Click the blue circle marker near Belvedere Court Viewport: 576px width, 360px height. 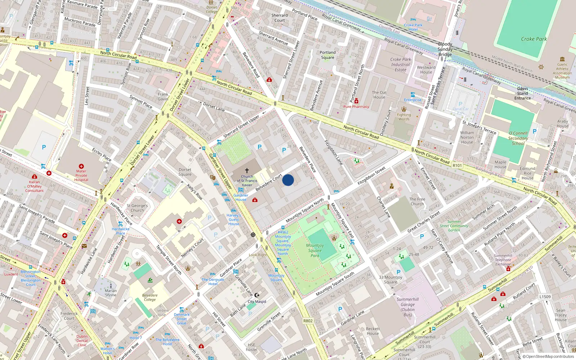pyautogui.click(x=288, y=180)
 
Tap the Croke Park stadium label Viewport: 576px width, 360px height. pyautogui.click(x=534, y=39)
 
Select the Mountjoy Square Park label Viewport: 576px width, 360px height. pyautogui.click(x=315, y=250)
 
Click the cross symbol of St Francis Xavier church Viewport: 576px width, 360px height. pyautogui.click(x=247, y=170)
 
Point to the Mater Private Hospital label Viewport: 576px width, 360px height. pyautogui.click(x=81, y=175)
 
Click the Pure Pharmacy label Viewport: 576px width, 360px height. pyautogui.click(x=356, y=107)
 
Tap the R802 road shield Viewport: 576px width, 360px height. pyautogui.click(x=308, y=321)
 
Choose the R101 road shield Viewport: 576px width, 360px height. pyautogui.click(x=457, y=166)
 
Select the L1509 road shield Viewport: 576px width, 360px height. pyautogui.click(x=545, y=297)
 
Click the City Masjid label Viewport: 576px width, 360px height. pyautogui.click(x=257, y=302)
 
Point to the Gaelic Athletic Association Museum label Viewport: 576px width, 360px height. pyautogui.click(x=562, y=71)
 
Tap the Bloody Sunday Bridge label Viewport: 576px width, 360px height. pyautogui.click(x=445, y=49)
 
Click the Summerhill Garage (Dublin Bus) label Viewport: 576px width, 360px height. pyautogui.click(x=408, y=307)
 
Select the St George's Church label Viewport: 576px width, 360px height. pyautogui.click(x=137, y=208)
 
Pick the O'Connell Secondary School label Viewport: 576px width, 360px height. pyautogui.click(x=518, y=138)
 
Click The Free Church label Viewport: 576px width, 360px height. pyautogui.click(x=417, y=201)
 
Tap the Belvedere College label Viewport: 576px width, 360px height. pyautogui.click(x=150, y=297)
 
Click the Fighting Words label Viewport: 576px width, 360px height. pyautogui.click(x=404, y=117)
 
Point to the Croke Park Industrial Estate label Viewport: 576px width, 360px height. pyautogui.click(x=401, y=64)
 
